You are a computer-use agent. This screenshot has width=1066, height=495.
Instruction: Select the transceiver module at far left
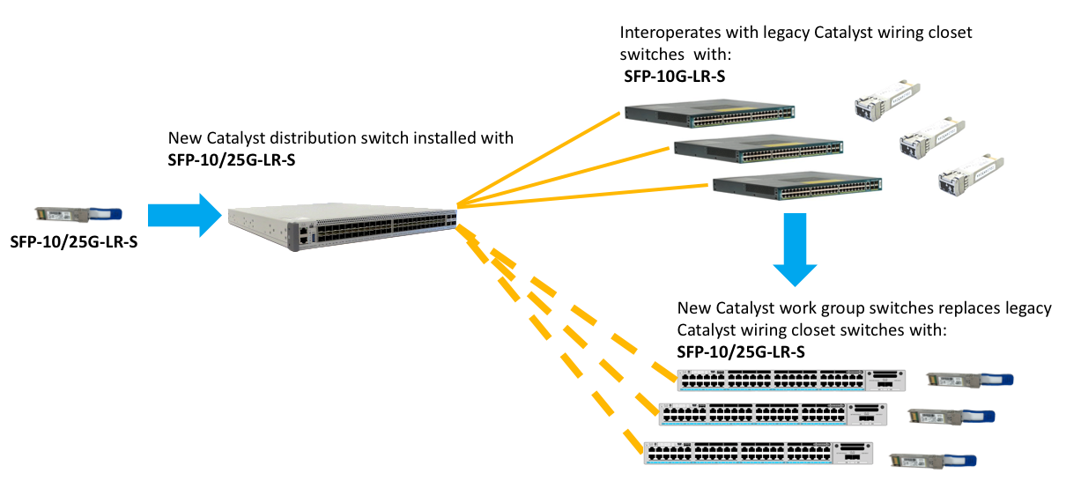pyautogui.click(x=78, y=214)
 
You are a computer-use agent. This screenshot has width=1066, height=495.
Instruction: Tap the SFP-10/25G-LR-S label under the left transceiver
pyautogui.click(x=74, y=243)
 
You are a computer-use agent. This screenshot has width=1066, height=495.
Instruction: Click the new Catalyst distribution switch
pyautogui.click(x=344, y=226)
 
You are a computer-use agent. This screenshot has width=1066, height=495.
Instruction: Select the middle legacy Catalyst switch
pyautogui.click(x=756, y=147)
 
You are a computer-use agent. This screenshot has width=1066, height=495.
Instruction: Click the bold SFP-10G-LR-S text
pyautogui.click(x=674, y=77)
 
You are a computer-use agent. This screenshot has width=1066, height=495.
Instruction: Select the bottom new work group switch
pyautogui.click(x=757, y=453)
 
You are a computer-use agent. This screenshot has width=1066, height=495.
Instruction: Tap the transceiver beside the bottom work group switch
pyautogui.click(x=933, y=460)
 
